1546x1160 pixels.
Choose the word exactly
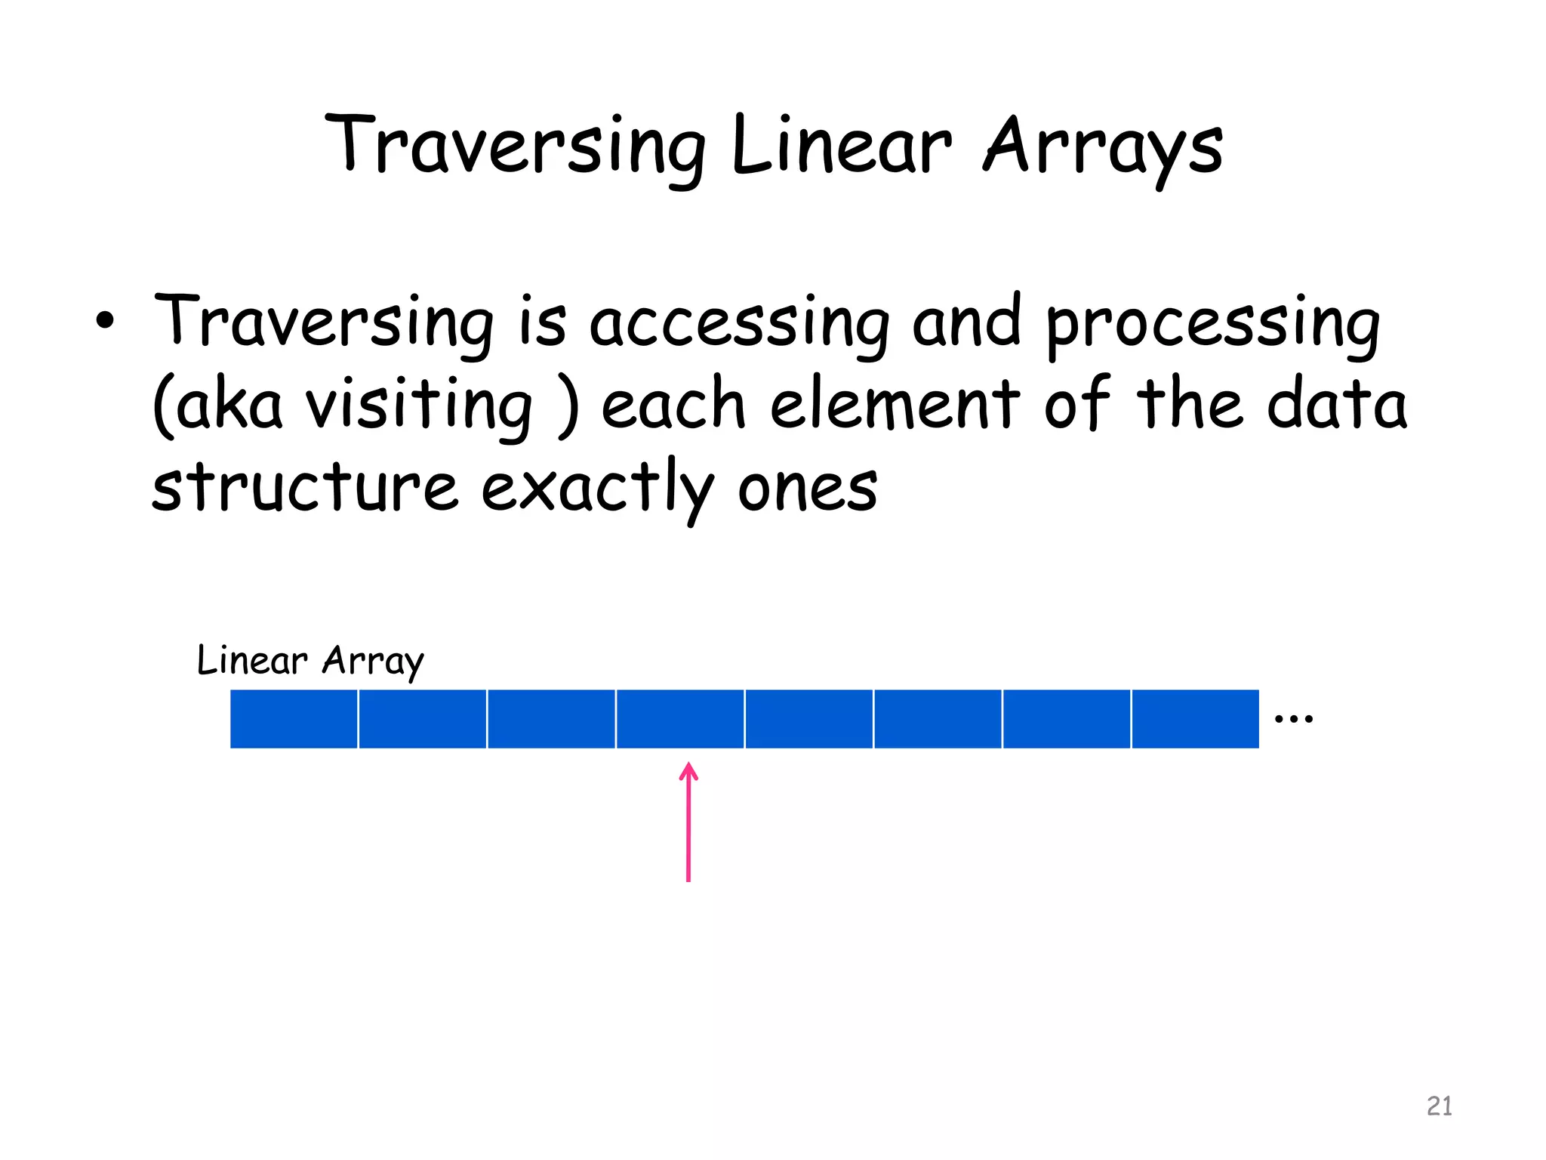click(x=596, y=487)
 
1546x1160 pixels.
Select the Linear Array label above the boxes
click(x=310, y=661)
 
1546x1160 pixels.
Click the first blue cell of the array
click(x=294, y=719)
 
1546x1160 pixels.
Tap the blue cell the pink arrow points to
click(x=680, y=719)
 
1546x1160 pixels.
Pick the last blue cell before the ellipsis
click(x=1195, y=719)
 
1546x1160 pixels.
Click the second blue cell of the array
click(x=423, y=719)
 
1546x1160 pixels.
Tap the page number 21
click(x=1439, y=1106)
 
